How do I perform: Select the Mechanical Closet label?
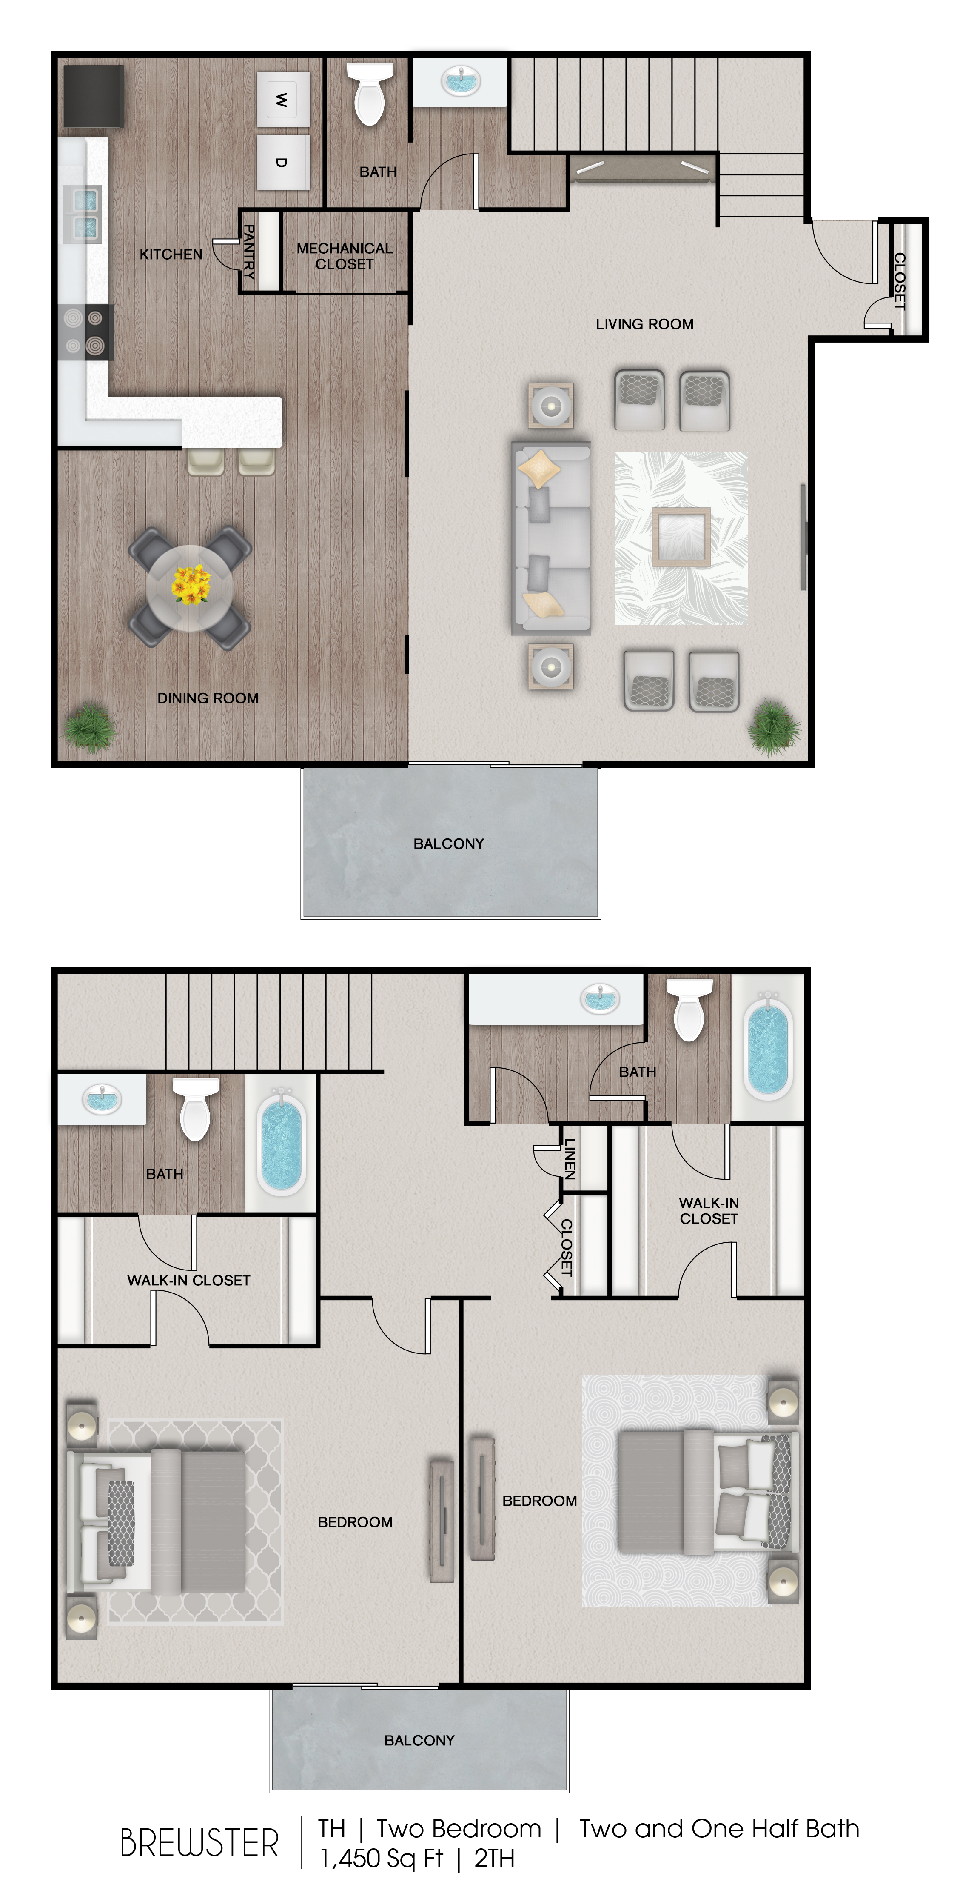(x=345, y=256)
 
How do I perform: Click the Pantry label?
(x=249, y=252)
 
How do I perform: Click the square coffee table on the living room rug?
(x=681, y=537)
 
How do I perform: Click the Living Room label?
(x=644, y=324)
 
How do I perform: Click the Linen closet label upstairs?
(x=570, y=1159)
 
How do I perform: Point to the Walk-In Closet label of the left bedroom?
(x=188, y=1280)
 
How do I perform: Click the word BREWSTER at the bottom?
(x=199, y=1844)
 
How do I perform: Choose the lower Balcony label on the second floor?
(x=419, y=1740)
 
